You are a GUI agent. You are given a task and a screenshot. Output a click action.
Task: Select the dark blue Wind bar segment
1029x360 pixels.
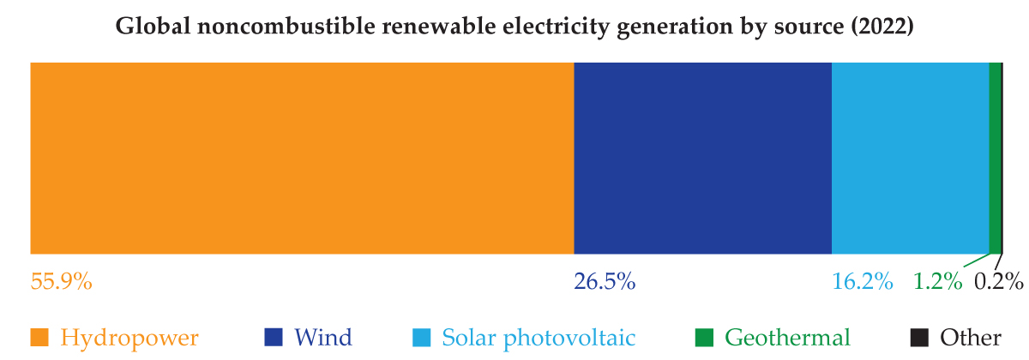(702, 158)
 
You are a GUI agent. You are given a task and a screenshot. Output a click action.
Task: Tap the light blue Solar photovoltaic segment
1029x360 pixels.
(910, 158)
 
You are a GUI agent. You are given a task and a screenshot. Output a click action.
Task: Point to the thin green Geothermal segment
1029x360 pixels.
(995, 158)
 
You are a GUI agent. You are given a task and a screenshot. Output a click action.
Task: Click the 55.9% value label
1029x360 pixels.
(62, 280)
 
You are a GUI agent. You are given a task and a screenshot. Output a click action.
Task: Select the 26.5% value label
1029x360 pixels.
(605, 280)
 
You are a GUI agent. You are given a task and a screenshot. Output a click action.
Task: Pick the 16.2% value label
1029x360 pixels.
(863, 280)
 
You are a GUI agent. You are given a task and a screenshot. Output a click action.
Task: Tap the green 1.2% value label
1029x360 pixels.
(937, 280)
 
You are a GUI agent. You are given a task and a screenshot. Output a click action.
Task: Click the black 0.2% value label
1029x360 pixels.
(999, 280)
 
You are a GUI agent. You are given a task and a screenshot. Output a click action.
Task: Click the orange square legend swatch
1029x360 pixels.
(39, 337)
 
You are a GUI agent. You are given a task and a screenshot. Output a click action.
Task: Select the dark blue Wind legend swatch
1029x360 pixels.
(274, 337)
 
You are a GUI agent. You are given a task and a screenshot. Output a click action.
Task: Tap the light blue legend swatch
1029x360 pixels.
(421, 337)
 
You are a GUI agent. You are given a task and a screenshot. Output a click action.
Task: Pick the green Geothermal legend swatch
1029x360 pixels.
(704, 337)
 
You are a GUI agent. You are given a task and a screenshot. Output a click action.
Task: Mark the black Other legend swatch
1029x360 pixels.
(919, 337)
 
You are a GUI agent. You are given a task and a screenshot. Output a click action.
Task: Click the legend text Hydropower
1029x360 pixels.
(129, 337)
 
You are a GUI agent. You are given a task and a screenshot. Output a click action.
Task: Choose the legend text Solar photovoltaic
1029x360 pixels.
(539, 337)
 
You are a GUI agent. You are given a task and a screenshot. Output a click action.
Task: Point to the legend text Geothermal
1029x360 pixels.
(787, 337)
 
